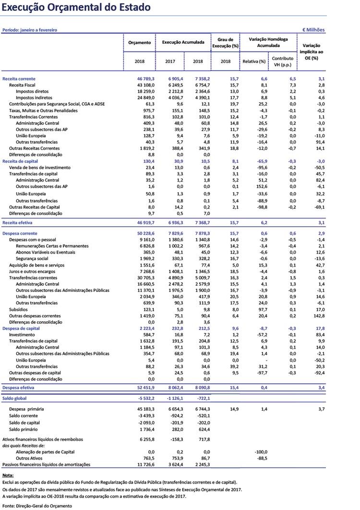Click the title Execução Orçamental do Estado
point(76,8)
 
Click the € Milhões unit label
point(313,30)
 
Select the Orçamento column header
point(139,43)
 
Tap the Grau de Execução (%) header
point(226,43)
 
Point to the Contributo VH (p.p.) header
point(283,61)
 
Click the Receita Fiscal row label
point(23,85)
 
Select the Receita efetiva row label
point(19,223)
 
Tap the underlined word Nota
point(8,475)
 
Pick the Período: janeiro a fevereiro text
point(30,30)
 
